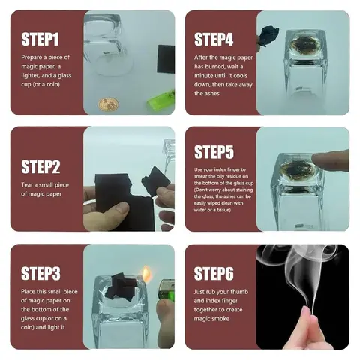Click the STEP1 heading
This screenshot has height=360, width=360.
[x=40, y=40]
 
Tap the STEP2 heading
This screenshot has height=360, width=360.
[x=40, y=166]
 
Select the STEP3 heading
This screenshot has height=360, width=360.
[x=40, y=273]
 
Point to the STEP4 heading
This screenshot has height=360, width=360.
[x=214, y=40]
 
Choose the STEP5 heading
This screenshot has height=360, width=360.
[x=214, y=152]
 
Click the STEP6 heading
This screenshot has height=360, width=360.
[x=214, y=273]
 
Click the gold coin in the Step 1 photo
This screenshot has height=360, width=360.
[x=108, y=104]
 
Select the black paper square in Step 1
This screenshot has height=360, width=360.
[x=166, y=59]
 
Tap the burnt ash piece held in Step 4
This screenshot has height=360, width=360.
[x=268, y=35]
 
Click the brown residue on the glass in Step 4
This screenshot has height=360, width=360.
[x=305, y=45]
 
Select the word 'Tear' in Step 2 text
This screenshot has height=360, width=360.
[x=27, y=185]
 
